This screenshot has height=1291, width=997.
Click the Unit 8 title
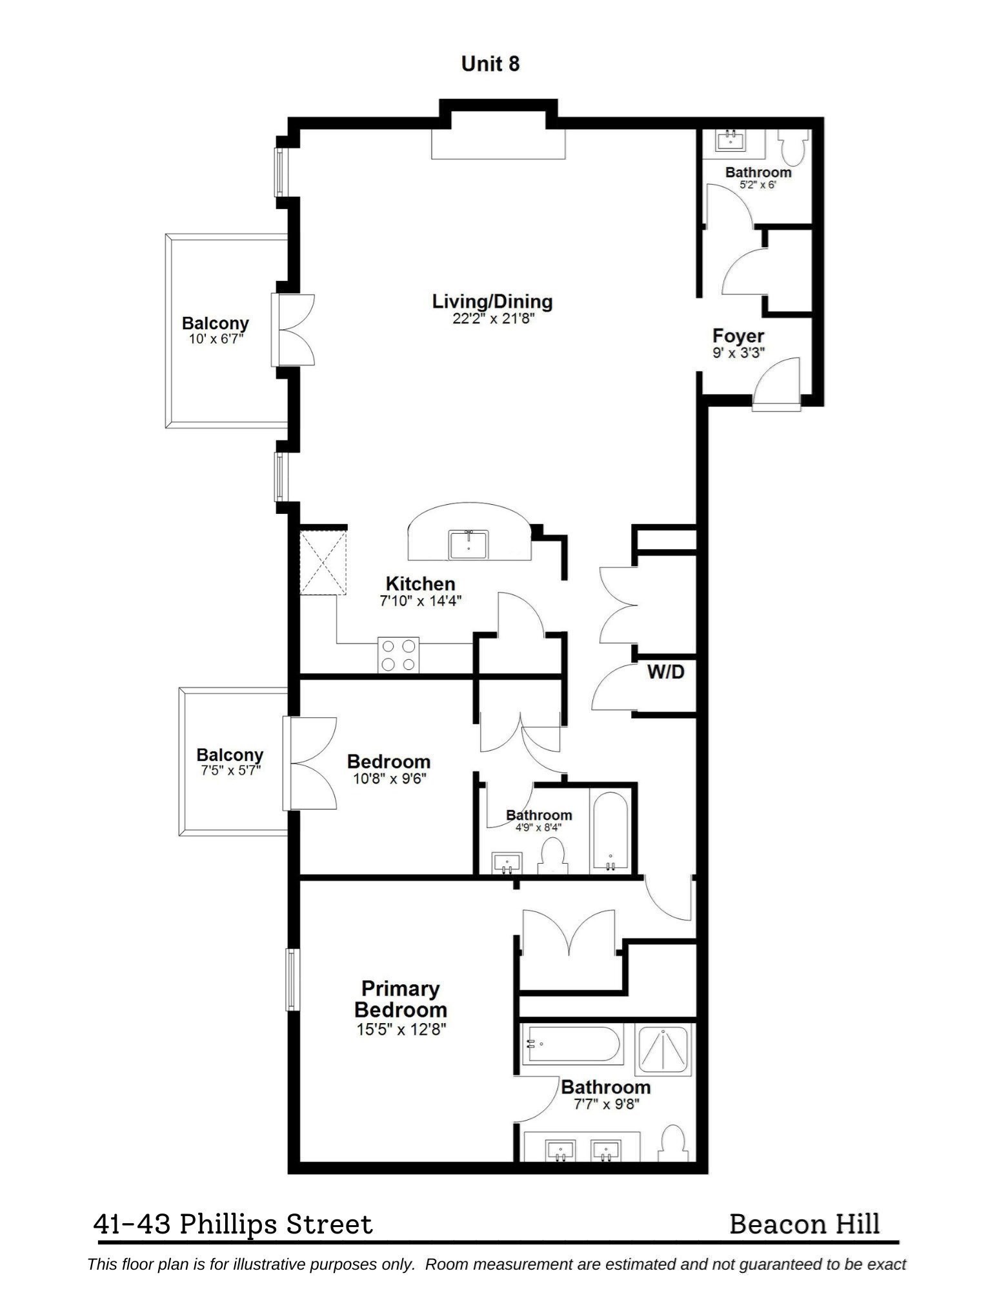coord(490,64)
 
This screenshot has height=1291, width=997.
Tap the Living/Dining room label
coord(492,301)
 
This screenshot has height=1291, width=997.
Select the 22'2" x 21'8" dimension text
coord(493,318)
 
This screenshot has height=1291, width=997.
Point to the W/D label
coord(665,672)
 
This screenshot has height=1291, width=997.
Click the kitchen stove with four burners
coord(398,655)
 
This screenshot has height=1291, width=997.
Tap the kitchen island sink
coord(468,544)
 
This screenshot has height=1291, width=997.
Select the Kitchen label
coord(420,584)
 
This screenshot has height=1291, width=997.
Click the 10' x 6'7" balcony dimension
coord(215,339)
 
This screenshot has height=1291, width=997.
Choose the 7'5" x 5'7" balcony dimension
coord(230,770)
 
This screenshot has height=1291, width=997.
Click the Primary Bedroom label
coord(400,999)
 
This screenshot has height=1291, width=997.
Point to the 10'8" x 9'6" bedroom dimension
coord(389,778)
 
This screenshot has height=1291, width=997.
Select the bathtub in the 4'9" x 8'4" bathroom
coord(610,832)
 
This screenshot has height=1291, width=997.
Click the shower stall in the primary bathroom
coord(663,1050)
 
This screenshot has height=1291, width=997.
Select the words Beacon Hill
coord(804,1224)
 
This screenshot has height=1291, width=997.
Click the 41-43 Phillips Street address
coord(233,1224)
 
